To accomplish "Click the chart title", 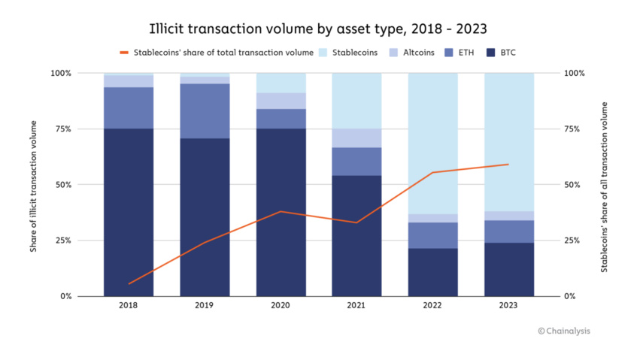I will point(316,29).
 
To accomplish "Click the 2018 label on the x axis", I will point(129,307).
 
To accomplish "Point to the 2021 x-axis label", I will point(356,307).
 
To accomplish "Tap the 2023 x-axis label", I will point(508,307).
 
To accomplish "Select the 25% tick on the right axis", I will point(573,241).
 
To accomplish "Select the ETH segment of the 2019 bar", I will point(205,110).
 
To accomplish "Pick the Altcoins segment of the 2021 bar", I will point(356,138).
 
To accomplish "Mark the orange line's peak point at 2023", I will point(508,164).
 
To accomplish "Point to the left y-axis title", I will point(35,184).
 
